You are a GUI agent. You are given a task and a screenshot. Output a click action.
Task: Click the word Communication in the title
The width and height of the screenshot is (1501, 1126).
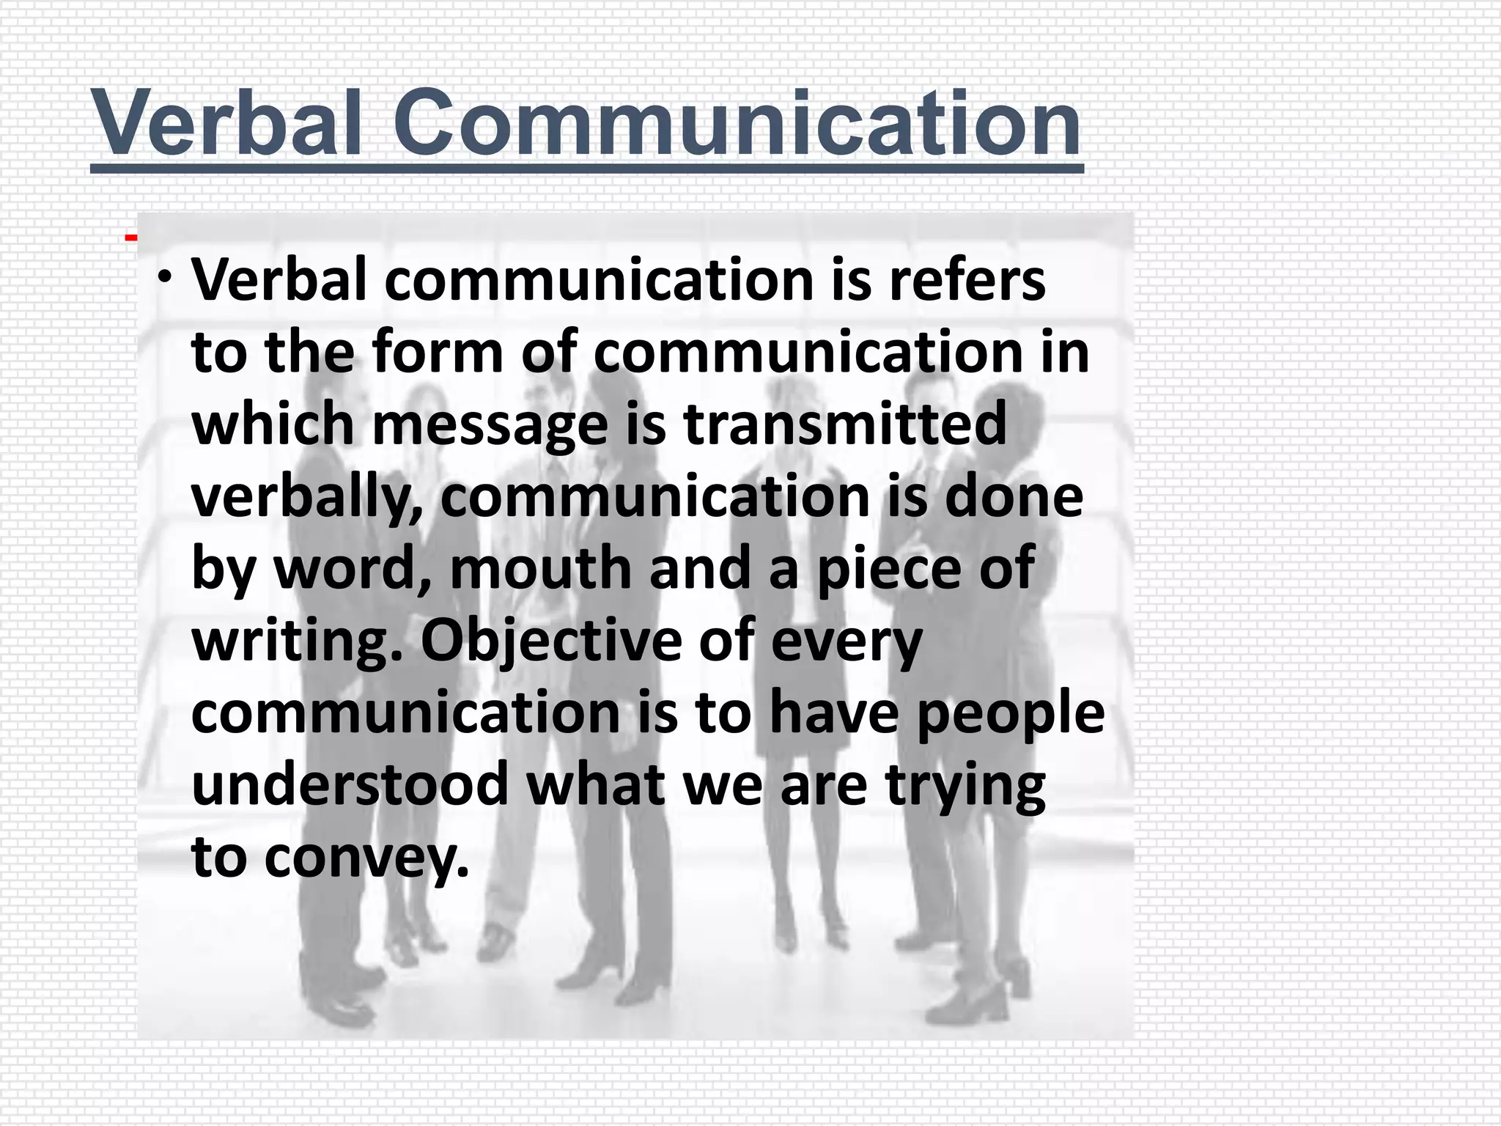[737, 123]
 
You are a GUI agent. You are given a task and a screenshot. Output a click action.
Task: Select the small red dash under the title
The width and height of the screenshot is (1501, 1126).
[130, 237]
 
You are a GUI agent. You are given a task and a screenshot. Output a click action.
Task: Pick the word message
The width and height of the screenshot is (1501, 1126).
[490, 425]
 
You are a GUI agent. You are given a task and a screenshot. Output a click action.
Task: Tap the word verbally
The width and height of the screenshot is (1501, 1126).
[306, 497]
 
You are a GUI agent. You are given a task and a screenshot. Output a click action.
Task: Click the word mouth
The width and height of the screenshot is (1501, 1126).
[541, 568]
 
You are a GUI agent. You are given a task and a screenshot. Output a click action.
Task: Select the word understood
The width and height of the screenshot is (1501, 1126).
[350, 784]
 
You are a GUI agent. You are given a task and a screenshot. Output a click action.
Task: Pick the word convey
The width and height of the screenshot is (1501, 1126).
[366, 857]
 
